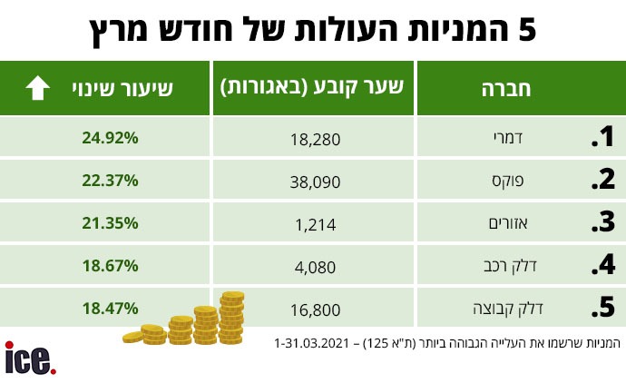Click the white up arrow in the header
pyautogui.click(x=37, y=88)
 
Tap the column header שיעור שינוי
pyautogui.click(x=124, y=88)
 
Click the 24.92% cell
pyautogui.click(x=108, y=138)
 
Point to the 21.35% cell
pyautogui.click(x=108, y=222)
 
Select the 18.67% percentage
pyautogui.click(x=108, y=265)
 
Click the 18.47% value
pyautogui.click(x=108, y=308)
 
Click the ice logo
pyautogui.click(x=31, y=357)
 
